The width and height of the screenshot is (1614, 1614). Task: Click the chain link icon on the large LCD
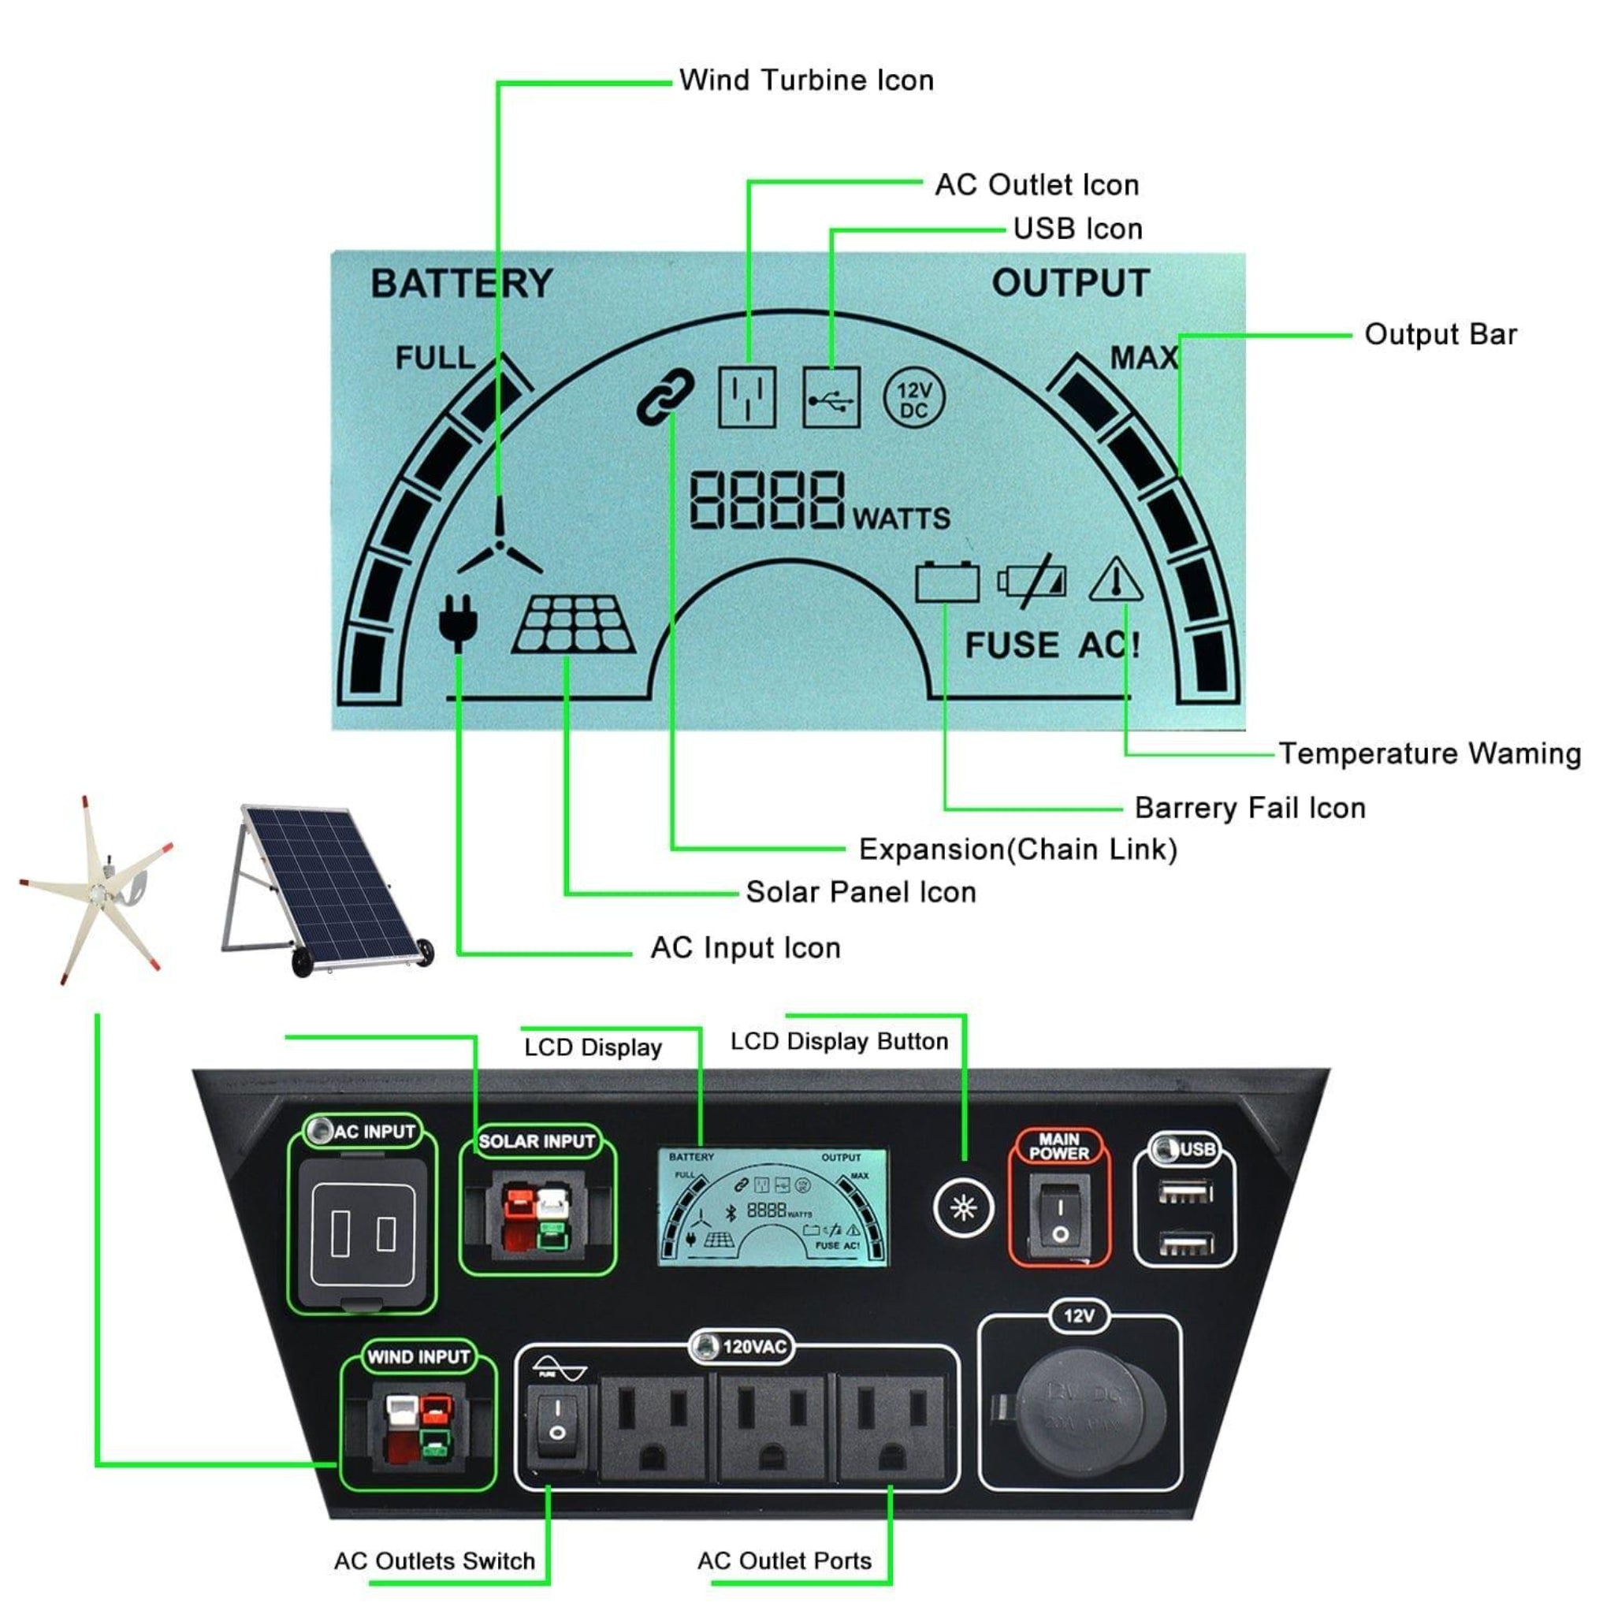(665, 397)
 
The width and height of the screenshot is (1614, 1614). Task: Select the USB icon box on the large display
(831, 399)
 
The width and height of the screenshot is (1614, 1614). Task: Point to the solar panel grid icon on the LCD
(573, 624)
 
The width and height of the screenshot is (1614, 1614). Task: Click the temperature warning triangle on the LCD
(1116, 581)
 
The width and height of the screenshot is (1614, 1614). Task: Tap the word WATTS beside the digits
(902, 519)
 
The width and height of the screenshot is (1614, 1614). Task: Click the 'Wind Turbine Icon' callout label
(806, 80)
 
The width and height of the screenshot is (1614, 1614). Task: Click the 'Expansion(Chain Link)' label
(1017, 850)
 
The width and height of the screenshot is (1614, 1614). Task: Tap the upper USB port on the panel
(1185, 1192)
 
